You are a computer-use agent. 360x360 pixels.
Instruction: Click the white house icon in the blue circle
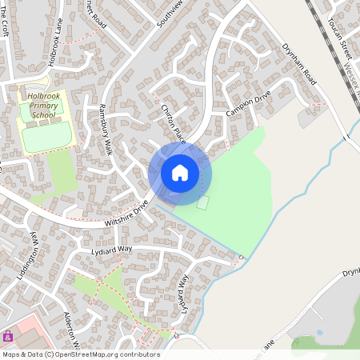click(180, 172)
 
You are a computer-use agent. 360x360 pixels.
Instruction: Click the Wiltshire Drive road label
click(126, 214)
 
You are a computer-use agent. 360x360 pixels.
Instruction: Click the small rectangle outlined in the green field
click(202, 202)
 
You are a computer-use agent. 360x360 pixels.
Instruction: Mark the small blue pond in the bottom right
click(321, 331)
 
